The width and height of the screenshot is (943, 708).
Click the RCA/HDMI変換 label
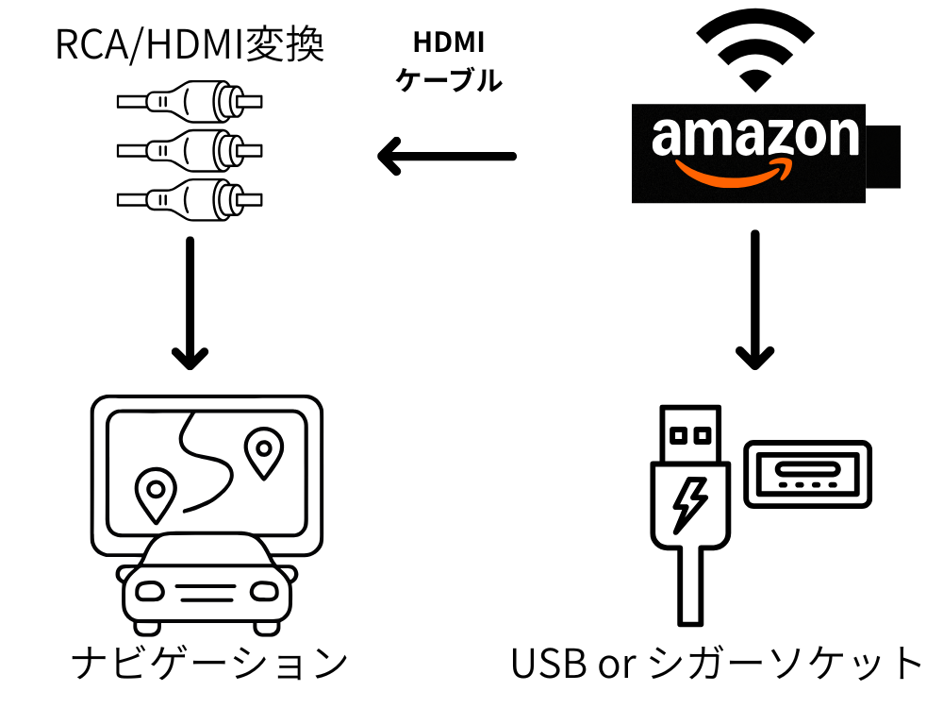[190, 45]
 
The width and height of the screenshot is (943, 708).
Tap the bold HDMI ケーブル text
[448, 62]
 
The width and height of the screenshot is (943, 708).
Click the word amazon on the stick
[755, 138]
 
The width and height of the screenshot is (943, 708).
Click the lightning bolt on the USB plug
[689, 505]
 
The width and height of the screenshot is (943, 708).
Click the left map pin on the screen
[155, 493]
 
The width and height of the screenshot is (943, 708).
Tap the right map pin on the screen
[263, 451]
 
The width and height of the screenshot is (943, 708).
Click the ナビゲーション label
[208, 664]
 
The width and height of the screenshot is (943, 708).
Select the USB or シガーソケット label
[717, 664]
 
